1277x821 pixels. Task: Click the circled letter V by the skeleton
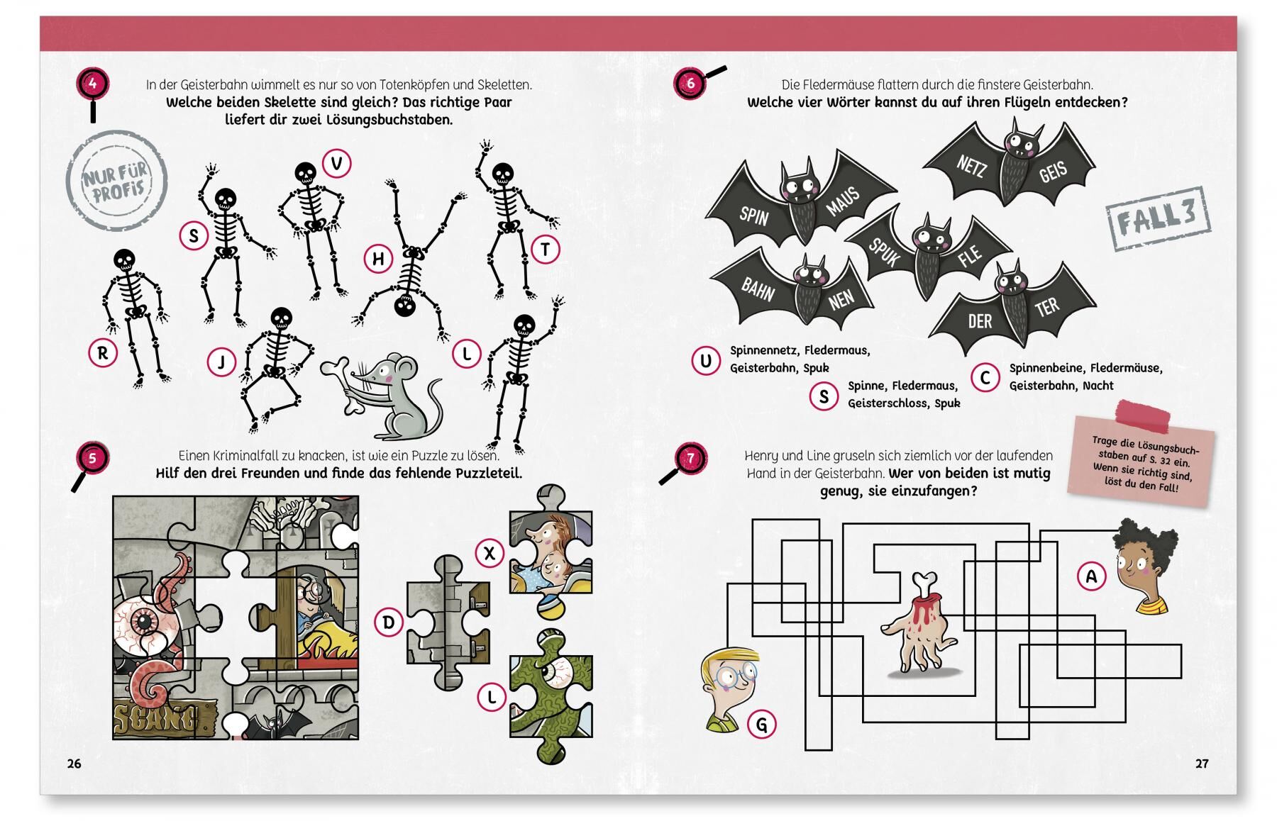337,164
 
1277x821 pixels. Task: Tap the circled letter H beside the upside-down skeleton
378,259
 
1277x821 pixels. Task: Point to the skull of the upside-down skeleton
405,306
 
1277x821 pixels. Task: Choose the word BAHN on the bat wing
758,289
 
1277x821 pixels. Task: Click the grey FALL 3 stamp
1158,219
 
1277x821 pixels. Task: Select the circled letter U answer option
705,361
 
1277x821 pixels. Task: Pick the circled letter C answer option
985,378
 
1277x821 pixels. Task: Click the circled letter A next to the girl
1091,576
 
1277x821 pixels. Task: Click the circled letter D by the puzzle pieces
389,622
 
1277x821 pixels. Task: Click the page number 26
74,764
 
